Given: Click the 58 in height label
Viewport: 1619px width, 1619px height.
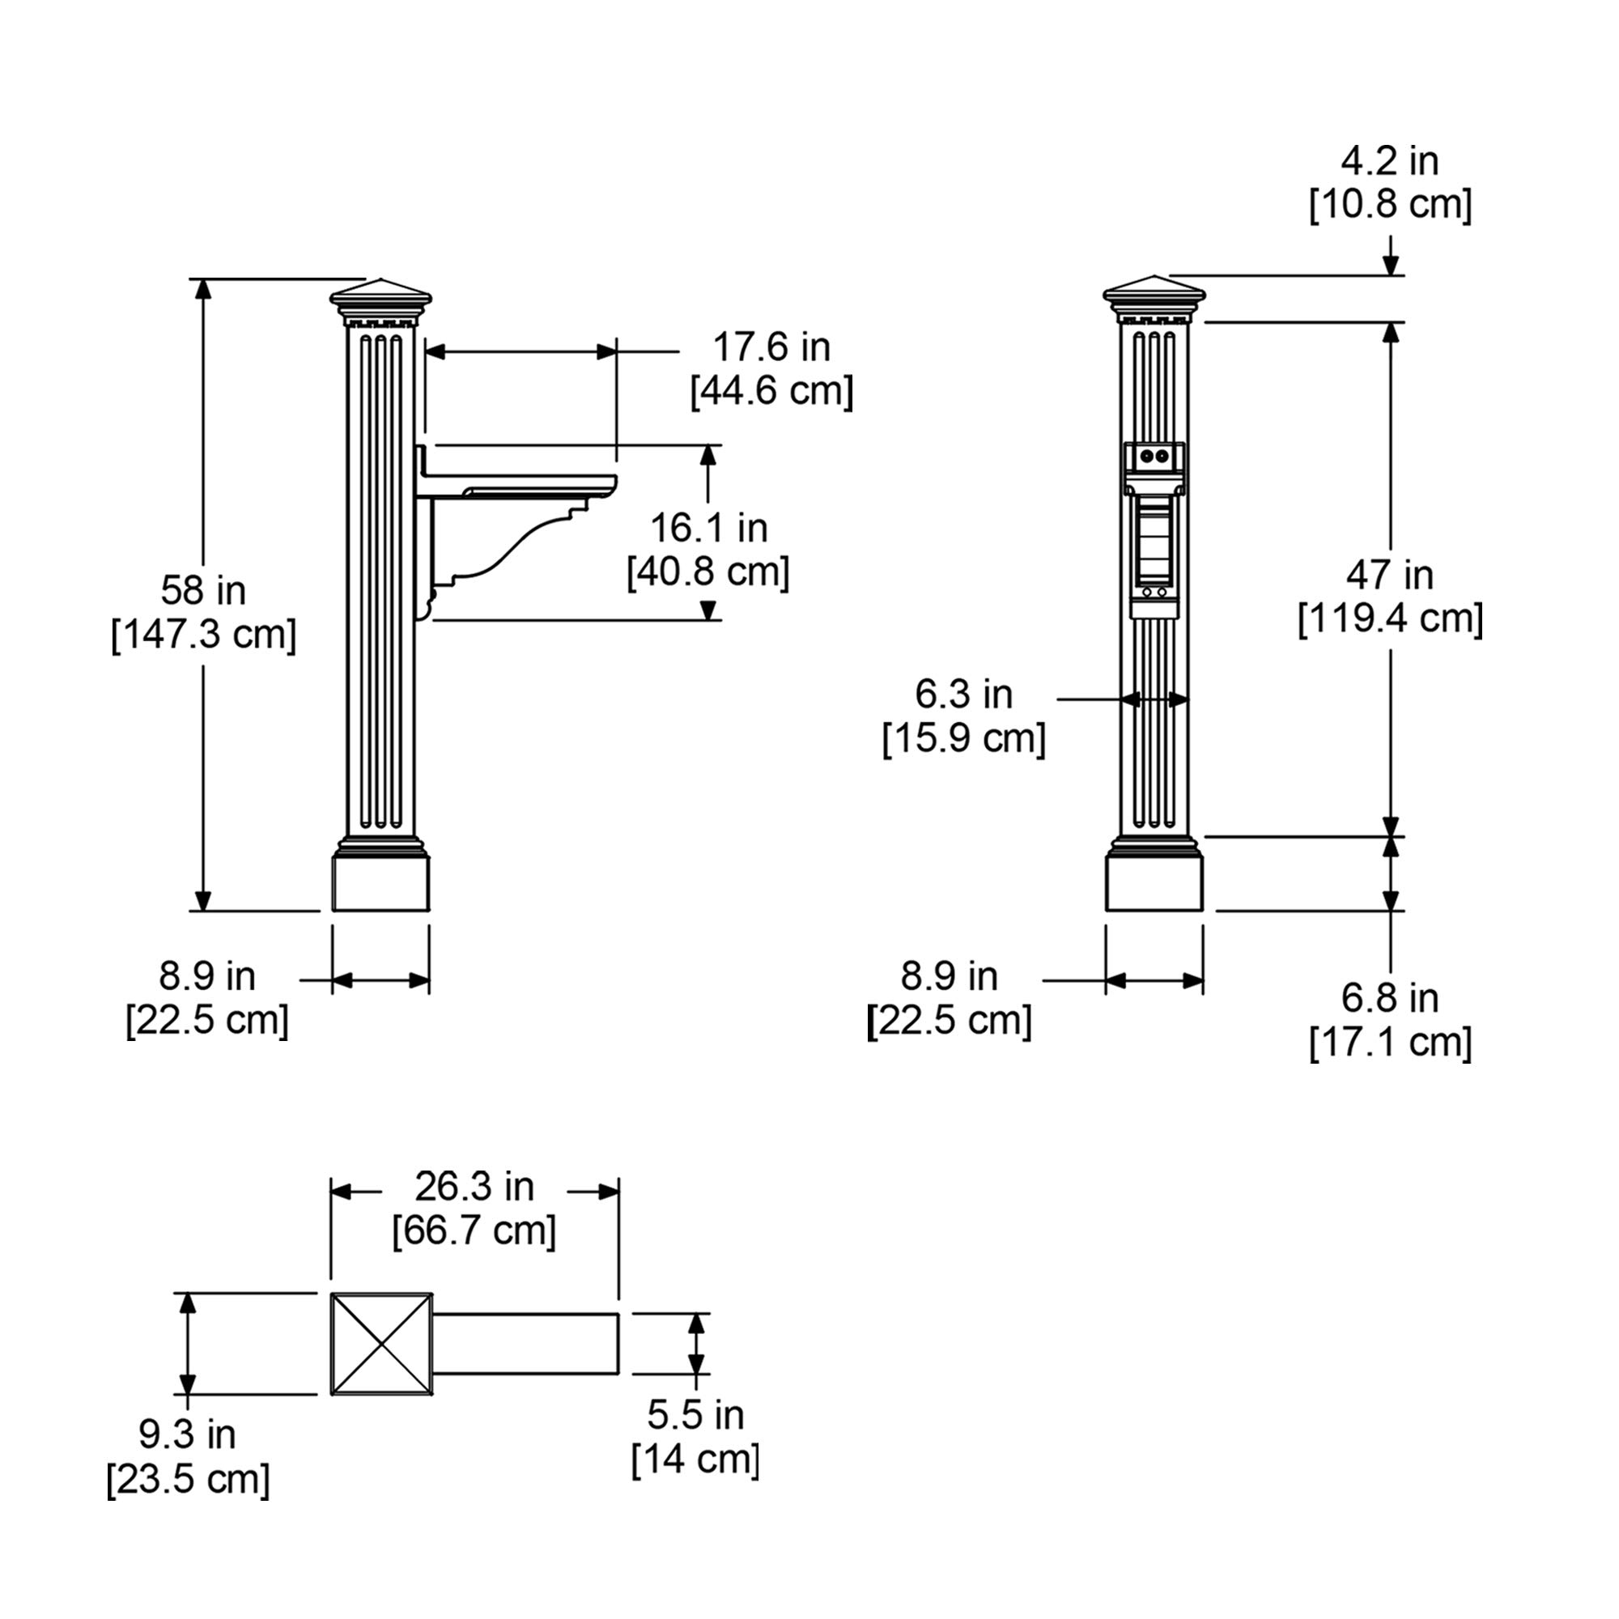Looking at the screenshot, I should (204, 591).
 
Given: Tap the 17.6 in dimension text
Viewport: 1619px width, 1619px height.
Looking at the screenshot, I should (770, 347).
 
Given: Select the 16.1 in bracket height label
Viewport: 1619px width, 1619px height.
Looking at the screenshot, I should (709, 528).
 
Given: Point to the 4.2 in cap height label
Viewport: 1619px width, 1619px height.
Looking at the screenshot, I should (1389, 161).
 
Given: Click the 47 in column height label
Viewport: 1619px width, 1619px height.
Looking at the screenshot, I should (1389, 575).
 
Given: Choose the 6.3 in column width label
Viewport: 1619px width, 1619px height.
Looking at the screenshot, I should (963, 694).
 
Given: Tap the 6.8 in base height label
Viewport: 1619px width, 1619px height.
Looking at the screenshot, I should (1389, 997).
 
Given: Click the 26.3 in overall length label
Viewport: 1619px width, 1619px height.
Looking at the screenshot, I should (474, 1187).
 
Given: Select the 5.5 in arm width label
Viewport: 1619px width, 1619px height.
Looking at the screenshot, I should (695, 1415).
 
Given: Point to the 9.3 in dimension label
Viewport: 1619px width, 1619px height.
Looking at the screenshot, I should (188, 1434).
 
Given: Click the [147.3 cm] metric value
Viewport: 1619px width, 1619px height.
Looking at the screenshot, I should (204, 635).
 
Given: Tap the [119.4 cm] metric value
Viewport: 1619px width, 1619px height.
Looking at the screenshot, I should (1389, 619).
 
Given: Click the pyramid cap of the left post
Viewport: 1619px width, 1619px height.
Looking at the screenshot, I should (380, 294).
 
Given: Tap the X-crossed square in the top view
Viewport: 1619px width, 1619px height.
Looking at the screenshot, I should (381, 1344).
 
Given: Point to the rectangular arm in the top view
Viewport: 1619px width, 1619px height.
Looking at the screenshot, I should (525, 1344).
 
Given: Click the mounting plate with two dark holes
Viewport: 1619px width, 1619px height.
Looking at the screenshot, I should (1154, 457).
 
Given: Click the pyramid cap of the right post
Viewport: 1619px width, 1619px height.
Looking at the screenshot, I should (1154, 291).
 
